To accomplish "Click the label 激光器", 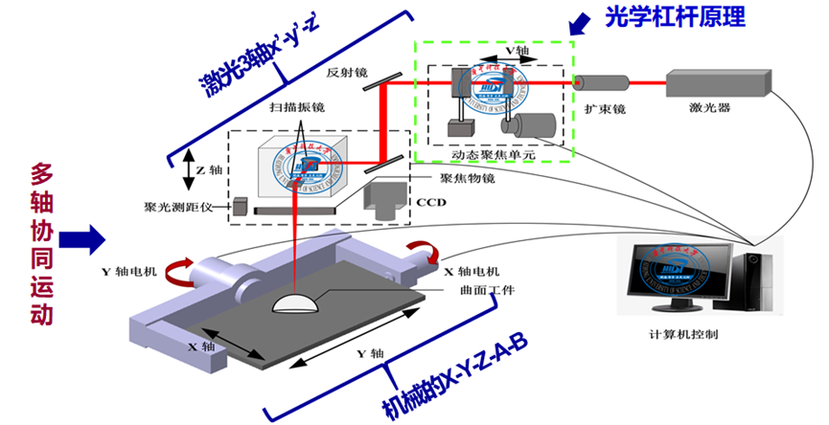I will pos(710,108).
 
